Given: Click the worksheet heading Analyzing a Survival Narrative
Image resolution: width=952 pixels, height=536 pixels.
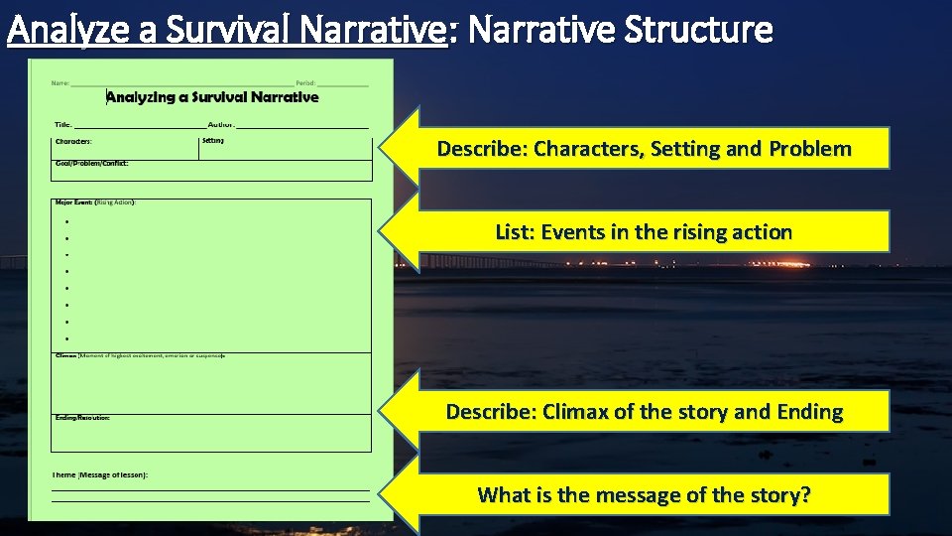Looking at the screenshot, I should pos(212,97).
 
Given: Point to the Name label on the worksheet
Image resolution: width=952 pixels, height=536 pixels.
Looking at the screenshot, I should pos(60,82).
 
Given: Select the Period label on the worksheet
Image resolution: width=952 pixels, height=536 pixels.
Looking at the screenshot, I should pos(305,82).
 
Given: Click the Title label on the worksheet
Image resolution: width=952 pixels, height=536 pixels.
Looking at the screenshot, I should pos(62,125).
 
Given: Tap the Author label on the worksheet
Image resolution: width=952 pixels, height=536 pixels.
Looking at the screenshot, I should pos(221,125).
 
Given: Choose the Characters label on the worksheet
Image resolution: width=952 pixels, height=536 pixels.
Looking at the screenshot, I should pos(74,142).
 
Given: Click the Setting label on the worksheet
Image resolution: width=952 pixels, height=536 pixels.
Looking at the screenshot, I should pos(213,141).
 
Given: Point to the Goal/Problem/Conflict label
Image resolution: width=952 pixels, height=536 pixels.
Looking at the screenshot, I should pos(92,163).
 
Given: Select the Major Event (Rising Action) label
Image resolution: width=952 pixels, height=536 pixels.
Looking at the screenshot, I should pos(95,202).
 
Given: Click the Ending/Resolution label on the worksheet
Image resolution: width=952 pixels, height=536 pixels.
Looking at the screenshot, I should pos(82,418).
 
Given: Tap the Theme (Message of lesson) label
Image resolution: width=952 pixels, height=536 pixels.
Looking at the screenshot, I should pos(100,475).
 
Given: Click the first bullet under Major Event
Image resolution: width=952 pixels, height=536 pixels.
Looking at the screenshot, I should pos(65,222).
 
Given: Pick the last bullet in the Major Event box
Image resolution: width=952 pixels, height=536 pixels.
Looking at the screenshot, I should pos(65,339).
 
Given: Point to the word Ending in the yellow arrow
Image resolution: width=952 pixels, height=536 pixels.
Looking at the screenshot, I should pos(802,412).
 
